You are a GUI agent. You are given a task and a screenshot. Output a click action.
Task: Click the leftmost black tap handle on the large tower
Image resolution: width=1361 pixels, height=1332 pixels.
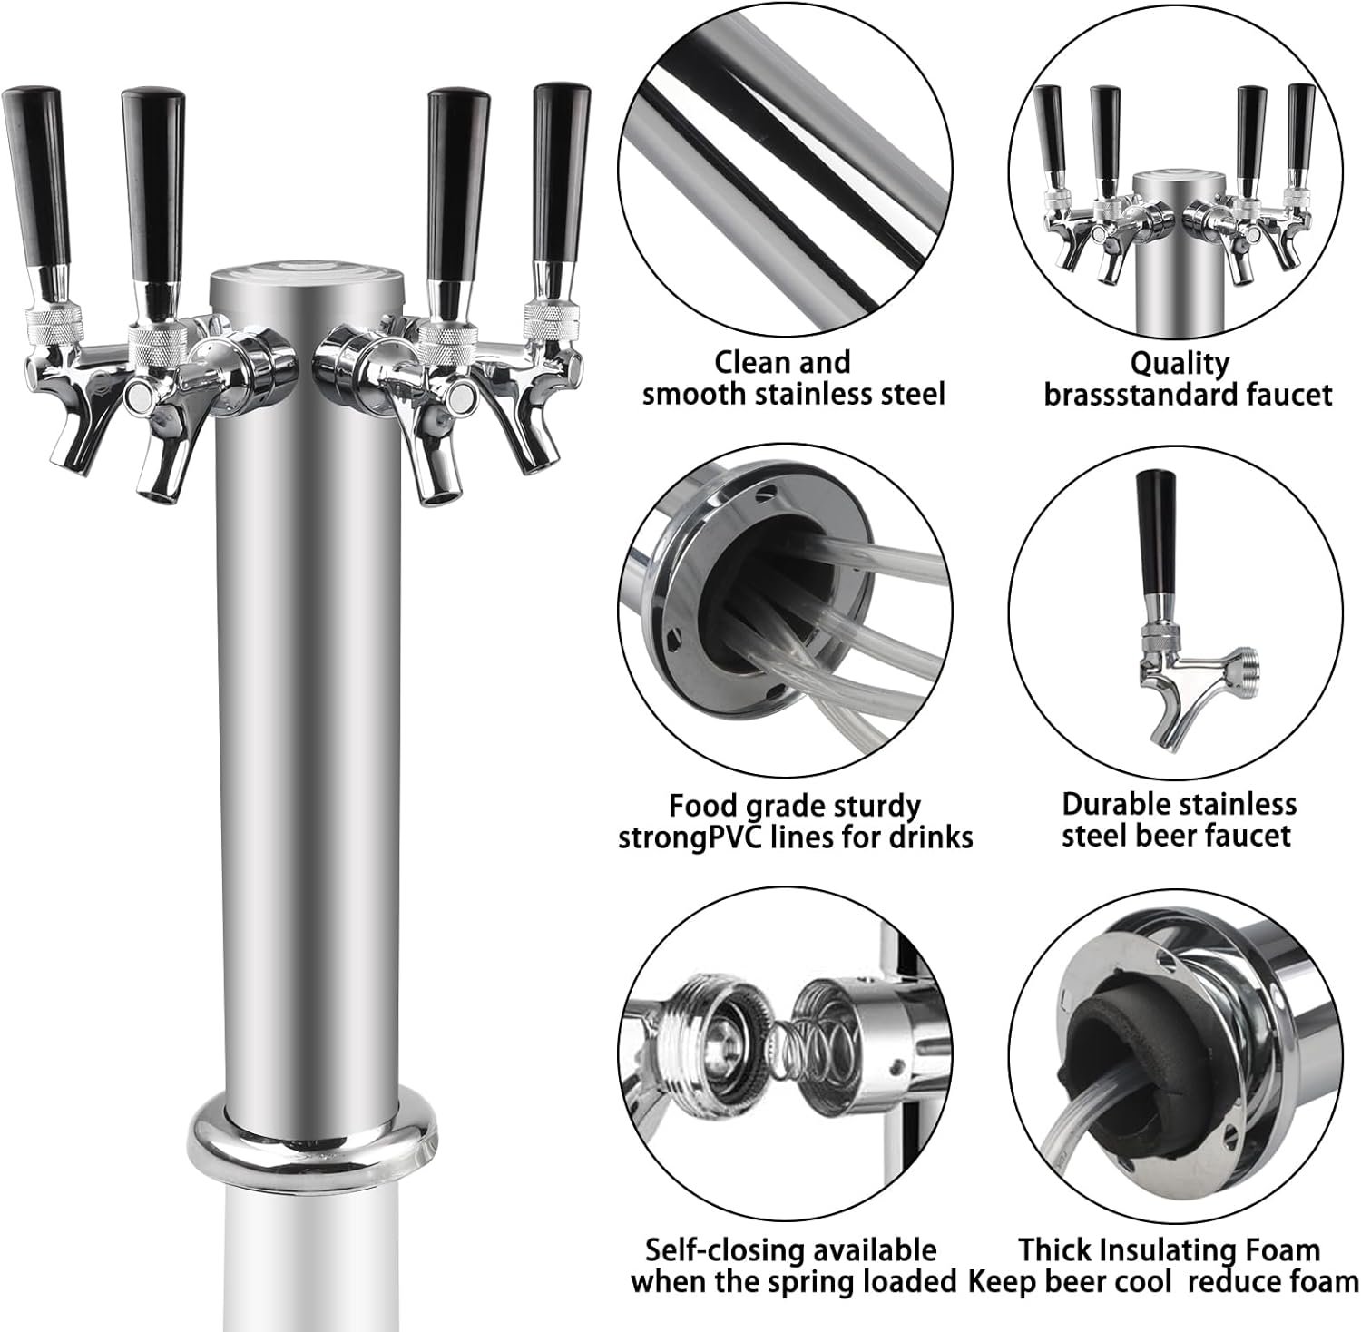click(34, 172)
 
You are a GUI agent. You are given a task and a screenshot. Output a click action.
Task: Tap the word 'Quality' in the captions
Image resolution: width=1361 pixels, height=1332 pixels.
click(1179, 363)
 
